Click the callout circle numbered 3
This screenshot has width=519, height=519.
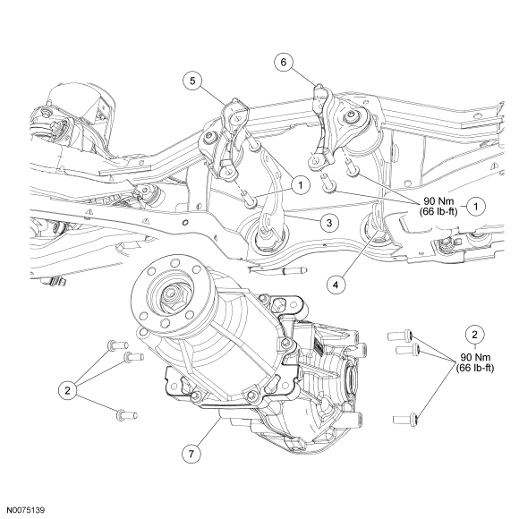pyautogui.click(x=328, y=223)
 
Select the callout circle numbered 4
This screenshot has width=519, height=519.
pyautogui.click(x=336, y=285)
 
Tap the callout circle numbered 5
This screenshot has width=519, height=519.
pyautogui.click(x=192, y=81)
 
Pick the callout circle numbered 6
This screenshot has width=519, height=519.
pyautogui.click(x=284, y=63)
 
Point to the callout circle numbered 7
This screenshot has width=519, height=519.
pyautogui.click(x=191, y=454)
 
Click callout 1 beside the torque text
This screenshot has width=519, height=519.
pyautogui.click(x=476, y=207)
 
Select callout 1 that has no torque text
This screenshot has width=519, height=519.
pyautogui.click(x=301, y=185)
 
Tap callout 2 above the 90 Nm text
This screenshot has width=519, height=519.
pyautogui.click(x=475, y=335)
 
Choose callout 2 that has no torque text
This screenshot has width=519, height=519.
pyautogui.click(x=67, y=391)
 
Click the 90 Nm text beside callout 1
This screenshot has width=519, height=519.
pyautogui.click(x=438, y=201)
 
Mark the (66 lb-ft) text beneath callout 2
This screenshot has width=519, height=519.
pyautogui.click(x=475, y=368)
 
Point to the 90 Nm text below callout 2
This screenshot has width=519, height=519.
pyautogui.click(x=475, y=357)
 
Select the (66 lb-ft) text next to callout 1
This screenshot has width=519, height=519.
pyautogui.click(x=438, y=212)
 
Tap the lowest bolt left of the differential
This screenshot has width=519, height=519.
pyautogui.click(x=127, y=415)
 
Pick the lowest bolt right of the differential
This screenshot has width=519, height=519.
pyautogui.click(x=405, y=419)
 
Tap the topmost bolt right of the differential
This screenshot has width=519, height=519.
pyautogui.click(x=400, y=336)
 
